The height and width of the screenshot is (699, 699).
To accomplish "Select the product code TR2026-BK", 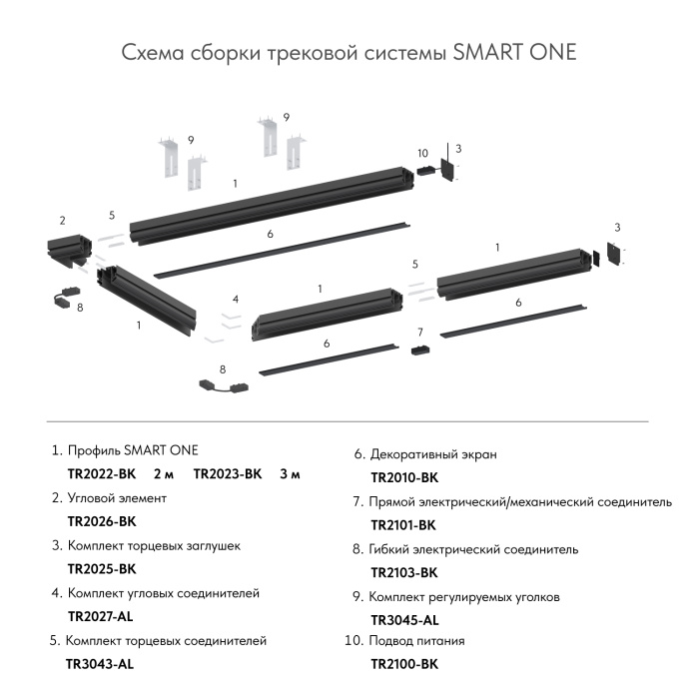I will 101,521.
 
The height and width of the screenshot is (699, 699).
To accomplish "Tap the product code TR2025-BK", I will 101,569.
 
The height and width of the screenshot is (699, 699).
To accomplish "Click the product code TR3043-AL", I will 100,663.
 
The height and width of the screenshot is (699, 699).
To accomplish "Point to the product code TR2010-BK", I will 404,478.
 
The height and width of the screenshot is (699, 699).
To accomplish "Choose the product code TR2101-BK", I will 403,525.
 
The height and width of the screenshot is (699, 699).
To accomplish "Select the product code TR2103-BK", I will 404,572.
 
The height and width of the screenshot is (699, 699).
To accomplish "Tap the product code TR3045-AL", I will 404,619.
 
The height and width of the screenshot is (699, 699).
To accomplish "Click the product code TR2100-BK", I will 404,663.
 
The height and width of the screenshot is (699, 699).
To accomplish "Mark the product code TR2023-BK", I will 227,473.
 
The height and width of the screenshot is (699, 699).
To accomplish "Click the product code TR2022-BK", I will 101,473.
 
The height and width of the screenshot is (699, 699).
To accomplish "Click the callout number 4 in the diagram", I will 235,299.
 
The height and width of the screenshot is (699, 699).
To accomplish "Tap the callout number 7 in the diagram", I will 420,332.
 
